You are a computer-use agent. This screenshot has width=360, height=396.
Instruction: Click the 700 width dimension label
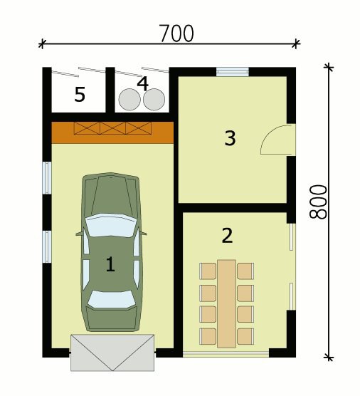[x=177, y=33]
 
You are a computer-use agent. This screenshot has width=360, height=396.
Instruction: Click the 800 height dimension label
[x=318, y=202]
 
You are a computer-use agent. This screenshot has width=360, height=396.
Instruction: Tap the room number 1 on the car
[x=110, y=264]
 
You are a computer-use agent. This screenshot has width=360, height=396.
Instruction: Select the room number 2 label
[x=227, y=235]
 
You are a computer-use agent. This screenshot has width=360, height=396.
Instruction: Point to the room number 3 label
[x=230, y=138]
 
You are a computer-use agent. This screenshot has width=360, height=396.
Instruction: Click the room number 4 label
[x=143, y=83]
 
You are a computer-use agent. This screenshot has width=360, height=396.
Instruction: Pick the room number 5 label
[x=80, y=94]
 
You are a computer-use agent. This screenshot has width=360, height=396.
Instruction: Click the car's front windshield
[x=110, y=225]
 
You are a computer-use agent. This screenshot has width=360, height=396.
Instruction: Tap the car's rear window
[x=112, y=299]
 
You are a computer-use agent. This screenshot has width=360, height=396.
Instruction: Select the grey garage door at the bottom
[x=112, y=353]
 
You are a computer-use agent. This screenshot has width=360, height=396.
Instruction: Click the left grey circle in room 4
[x=129, y=100]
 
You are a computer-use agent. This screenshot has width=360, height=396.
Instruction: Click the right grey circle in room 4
[x=154, y=100]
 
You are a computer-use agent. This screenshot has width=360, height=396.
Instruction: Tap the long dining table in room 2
[x=227, y=304]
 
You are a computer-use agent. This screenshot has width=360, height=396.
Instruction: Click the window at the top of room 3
[x=233, y=72]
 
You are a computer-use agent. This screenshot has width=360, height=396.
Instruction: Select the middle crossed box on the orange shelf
[x=113, y=128]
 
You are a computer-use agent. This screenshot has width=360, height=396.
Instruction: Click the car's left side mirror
[x=79, y=234]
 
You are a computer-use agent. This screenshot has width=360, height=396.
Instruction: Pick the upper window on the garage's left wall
[x=47, y=178]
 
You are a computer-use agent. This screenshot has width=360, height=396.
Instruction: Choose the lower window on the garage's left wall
[x=47, y=246]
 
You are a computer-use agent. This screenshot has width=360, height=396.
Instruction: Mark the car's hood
[x=111, y=194]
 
